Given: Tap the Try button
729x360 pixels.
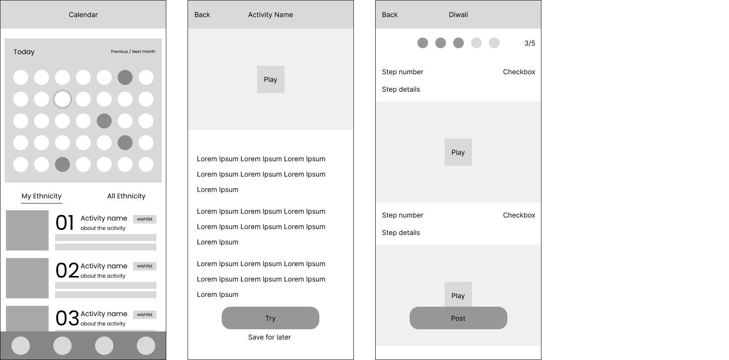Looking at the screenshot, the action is [x=270, y=318].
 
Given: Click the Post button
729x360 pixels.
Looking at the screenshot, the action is [x=458, y=318].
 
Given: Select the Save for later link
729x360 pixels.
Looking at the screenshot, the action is [x=269, y=337].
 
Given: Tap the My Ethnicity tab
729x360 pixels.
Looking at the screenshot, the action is [x=41, y=196].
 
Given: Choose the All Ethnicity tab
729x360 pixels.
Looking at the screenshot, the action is [x=126, y=196].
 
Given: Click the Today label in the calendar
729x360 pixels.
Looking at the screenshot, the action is [x=24, y=52].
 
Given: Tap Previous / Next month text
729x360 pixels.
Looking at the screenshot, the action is [x=133, y=52].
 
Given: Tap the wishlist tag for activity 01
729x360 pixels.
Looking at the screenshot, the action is [x=145, y=219].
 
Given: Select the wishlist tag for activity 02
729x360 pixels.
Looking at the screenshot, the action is [x=145, y=266].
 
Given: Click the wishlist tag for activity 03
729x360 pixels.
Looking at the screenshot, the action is [x=145, y=314].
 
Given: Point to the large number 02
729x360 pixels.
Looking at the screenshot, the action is [x=67, y=270].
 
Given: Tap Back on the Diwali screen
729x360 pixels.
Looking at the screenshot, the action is [x=390, y=15].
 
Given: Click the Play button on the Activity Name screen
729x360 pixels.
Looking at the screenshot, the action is [x=270, y=79].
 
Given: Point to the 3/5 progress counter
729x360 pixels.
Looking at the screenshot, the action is [x=529, y=43].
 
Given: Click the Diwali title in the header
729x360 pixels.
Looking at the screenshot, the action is [x=458, y=15].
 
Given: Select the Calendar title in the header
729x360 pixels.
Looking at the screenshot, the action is [x=83, y=15].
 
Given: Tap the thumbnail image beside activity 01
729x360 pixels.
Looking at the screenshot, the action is [x=27, y=230].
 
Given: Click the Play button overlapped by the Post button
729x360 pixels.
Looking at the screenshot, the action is [x=458, y=294].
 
